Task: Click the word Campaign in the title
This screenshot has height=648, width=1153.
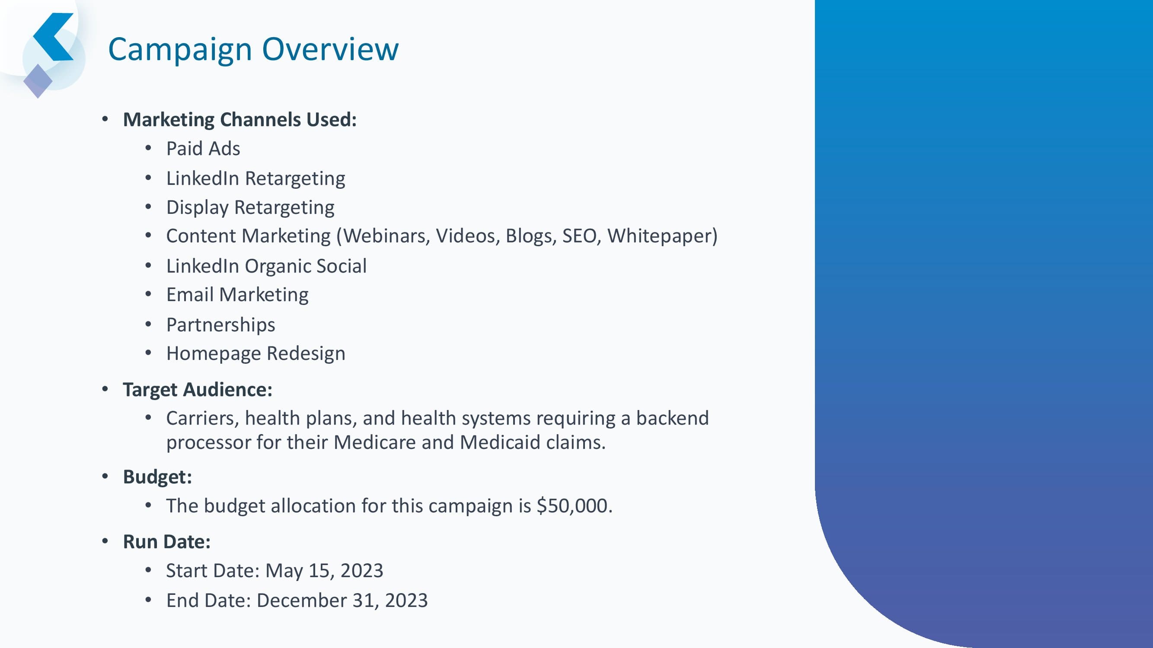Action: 180,50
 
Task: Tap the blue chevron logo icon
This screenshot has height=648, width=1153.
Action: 53,37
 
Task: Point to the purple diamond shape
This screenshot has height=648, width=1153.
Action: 38,81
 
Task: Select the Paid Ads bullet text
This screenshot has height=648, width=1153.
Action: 203,149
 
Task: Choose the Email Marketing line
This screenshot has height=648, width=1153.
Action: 237,295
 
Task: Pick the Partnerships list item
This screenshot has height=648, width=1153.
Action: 220,325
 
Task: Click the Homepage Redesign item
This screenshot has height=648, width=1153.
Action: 256,354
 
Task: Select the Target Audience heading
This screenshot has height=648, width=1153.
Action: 198,390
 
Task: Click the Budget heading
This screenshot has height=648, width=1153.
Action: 157,477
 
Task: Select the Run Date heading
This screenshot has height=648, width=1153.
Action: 167,542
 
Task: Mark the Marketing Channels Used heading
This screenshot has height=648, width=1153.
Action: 240,120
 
